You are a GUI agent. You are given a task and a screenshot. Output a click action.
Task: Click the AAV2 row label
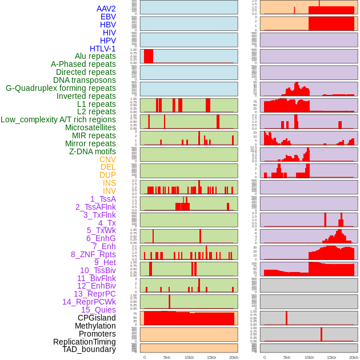coord(106,9)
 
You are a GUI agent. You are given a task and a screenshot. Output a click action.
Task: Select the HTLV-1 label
coord(103,49)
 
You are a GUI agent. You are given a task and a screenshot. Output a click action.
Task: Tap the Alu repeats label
coord(95,57)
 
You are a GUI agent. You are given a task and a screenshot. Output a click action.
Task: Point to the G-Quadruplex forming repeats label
coord(61,88)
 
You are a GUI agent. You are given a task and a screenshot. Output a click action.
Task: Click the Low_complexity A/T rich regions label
coord(58,119)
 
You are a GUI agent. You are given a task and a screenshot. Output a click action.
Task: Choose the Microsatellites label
coord(90,127)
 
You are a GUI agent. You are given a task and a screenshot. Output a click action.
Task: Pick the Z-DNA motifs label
coord(93,151)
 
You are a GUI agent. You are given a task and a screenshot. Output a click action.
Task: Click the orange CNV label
coord(107,159)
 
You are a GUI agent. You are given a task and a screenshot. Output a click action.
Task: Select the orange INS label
coord(109,183)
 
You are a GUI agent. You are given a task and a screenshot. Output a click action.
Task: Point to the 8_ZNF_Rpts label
coord(93,254)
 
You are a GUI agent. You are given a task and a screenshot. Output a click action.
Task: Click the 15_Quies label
coord(98,310)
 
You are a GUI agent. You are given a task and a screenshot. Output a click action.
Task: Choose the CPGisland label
coord(97,318)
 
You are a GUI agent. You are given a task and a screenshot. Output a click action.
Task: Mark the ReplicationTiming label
coord(84,342)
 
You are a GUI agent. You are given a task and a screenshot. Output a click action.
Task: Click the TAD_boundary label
coord(89,349)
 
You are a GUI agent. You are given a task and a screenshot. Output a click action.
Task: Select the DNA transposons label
coord(85,80)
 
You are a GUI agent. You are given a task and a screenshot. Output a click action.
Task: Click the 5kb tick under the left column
coord(167,357)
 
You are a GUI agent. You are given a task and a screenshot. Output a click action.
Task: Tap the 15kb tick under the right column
coord(331,357)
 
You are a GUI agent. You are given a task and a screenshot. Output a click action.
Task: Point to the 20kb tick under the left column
coord(234,357)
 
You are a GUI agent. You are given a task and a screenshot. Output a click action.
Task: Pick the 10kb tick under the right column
coord(309,357)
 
